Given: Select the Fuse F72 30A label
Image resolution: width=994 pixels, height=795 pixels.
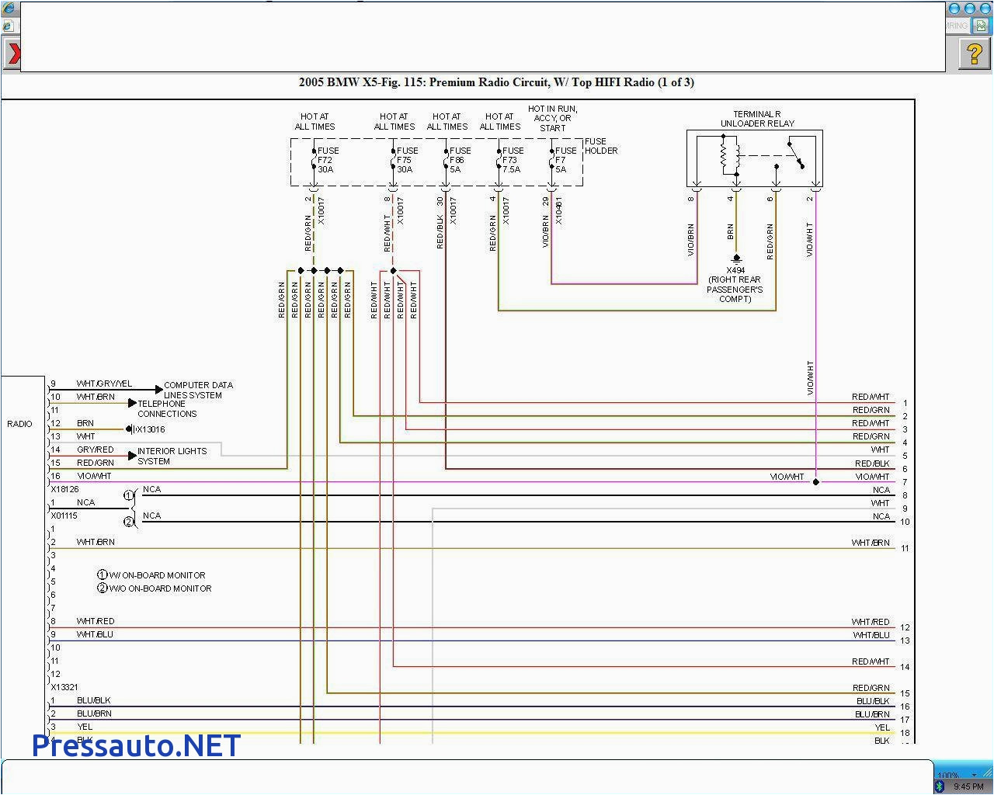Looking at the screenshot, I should coord(327,160).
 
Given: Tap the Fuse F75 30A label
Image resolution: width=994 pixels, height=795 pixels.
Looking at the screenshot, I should coord(406,160).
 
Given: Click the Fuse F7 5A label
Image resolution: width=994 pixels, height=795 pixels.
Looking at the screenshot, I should coord(565,160).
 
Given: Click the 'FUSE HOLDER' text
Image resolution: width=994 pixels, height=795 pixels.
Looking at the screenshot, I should coord(600,146).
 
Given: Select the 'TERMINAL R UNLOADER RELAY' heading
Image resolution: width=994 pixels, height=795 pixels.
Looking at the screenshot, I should coord(756,119).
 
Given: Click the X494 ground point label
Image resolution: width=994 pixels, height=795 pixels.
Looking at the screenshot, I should coord(735,271).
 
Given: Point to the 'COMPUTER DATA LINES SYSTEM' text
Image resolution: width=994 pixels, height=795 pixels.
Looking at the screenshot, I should coord(197,390).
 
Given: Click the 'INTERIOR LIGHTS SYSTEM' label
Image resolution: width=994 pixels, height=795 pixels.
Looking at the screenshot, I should coord(172,456).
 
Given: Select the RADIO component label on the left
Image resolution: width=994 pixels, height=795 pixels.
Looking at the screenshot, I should coord(20,424).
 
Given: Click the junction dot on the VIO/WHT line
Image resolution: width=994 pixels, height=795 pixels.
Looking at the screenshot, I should coord(815,482).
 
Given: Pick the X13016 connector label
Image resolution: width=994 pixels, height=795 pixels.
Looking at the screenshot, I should coord(149,429).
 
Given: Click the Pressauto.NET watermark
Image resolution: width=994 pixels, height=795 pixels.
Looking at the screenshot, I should coord(137,745).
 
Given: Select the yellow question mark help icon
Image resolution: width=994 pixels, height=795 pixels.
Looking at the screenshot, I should coord(974,54).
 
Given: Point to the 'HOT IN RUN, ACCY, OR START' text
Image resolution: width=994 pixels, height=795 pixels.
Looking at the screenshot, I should coord(552,119).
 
